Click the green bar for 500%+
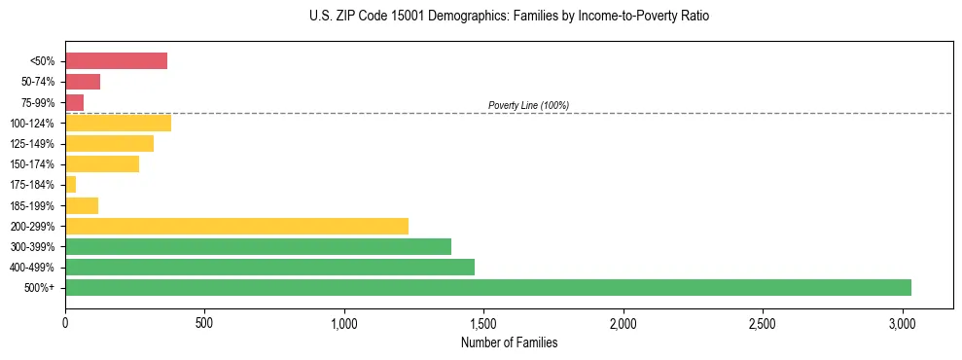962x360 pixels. (x=487, y=287)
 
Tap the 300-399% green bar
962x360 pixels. (x=258, y=246)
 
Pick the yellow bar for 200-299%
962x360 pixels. (x=236, y=226)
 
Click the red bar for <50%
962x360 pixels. (x=116, y=61)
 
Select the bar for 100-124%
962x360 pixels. (x=118, y=123)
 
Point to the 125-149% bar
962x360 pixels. (x=109, y=143)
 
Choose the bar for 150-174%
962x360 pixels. (x=102, y=163)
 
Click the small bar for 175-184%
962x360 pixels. (x=70, y=184)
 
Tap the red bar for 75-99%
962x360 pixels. (x=74, y=102)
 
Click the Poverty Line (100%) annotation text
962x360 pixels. (x=528, y=105)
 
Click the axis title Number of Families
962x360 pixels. (x=509, y=342)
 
